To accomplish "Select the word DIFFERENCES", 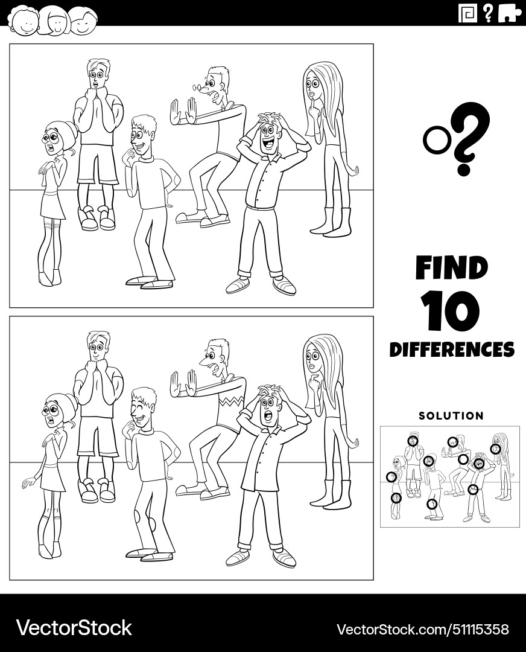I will (452, 350).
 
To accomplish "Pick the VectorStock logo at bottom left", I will (74, 628).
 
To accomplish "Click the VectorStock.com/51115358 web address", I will (422, 628).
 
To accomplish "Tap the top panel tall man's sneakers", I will (97, 219).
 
